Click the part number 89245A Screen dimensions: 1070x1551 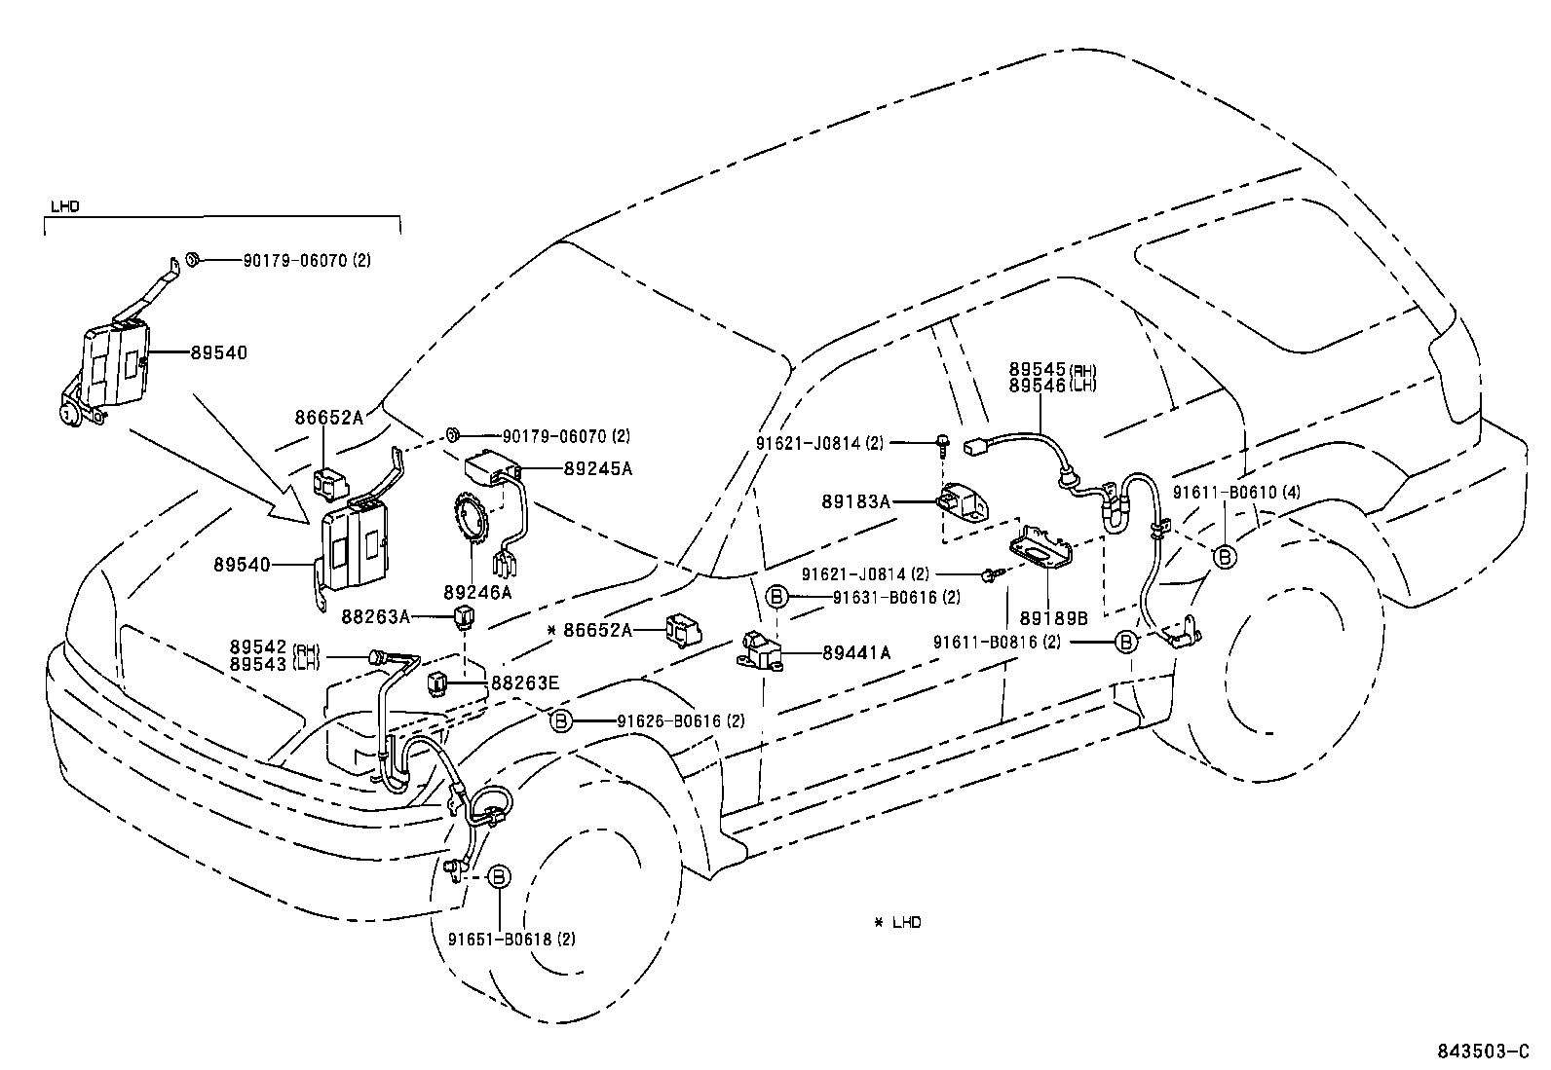pyautogui.click(x=597, y=468)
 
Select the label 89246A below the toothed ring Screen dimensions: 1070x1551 pyautogui.click(x=476, y=591)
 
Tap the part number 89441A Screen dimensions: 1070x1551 pyautogui.click(x=855, y=653)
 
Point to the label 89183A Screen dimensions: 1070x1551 pyautogui.click(x=855, y=501)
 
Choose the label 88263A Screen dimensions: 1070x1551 pyautogui.click(x=375, y=616)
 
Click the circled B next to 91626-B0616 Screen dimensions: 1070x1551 pyautogui.click(x=561, y=721)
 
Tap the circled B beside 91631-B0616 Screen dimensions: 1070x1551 pyautogui.click(x=776, y=597)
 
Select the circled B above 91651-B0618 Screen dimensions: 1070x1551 pyautogui.click(x=498, y=876)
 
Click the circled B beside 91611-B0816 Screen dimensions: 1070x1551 pyautogui.click(x=1125, y=642)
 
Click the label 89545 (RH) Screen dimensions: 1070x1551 pyautogui.click(x=1052, y=370)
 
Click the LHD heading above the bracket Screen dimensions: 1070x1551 pyautogui.click(x=64, y=206)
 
